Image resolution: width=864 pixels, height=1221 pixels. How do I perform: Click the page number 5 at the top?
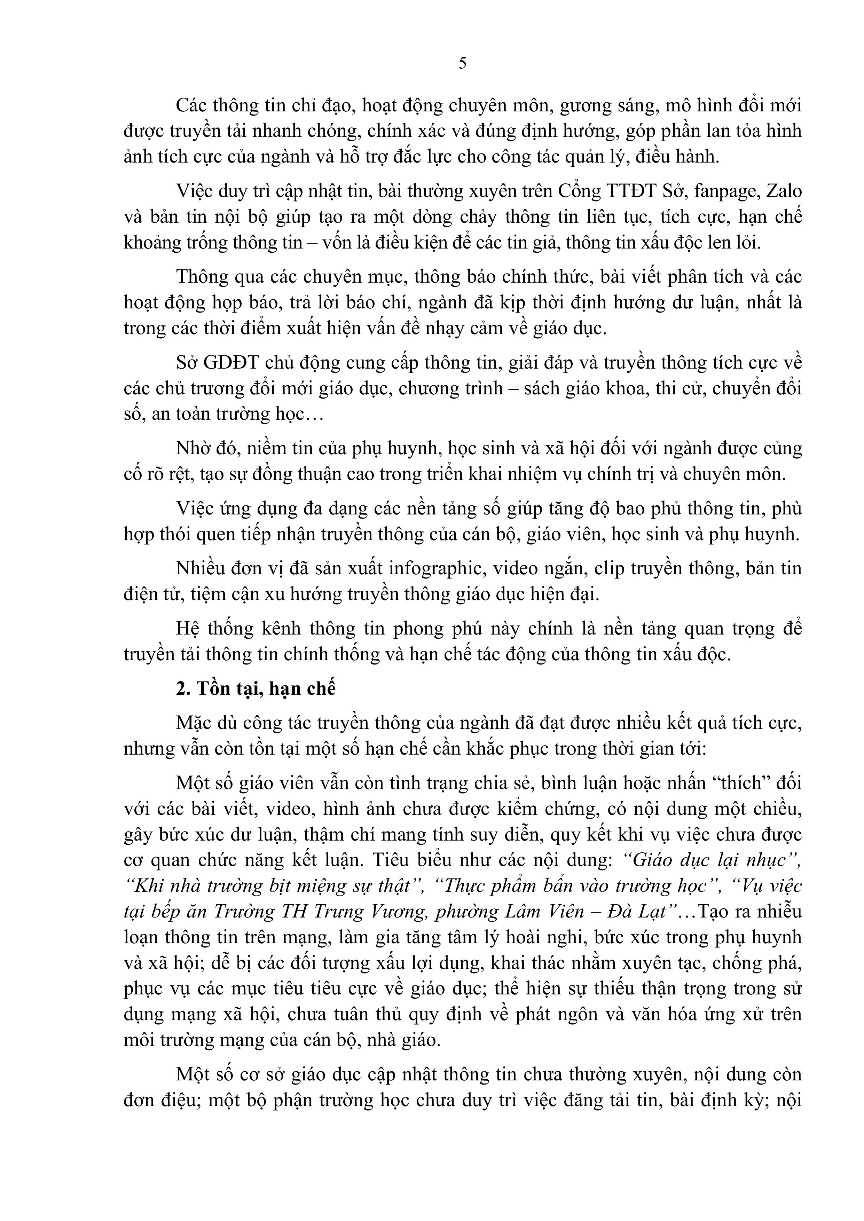(462, 64)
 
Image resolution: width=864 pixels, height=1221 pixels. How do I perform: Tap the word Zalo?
(783, 191)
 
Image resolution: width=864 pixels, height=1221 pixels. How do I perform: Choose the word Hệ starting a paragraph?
(187, 629)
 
